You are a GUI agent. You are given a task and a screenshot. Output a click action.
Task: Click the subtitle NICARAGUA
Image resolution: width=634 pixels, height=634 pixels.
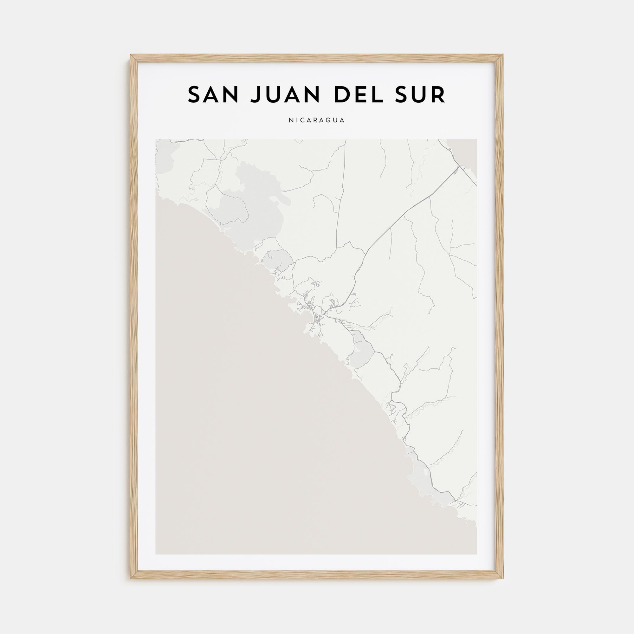tap(317, 120)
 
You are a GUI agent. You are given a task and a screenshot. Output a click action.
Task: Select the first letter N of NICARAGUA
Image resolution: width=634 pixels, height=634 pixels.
tap(290, 120)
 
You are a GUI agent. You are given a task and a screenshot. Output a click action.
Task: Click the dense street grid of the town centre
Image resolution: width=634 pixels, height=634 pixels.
tap(317, 318)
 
